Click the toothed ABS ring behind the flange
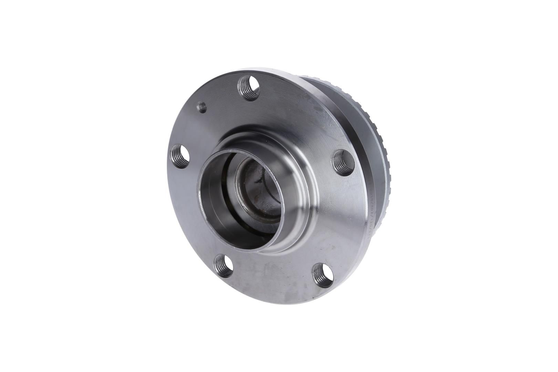click(x=375, y=145)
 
